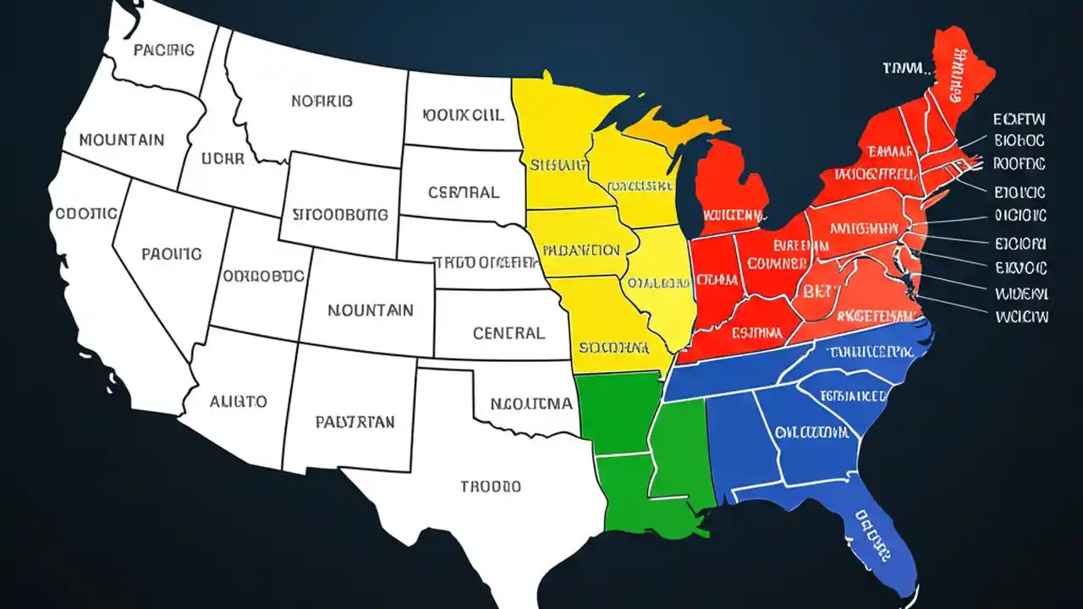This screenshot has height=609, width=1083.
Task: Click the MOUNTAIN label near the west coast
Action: pos(122,140)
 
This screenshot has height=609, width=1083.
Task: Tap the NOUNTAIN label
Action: pos(371,310)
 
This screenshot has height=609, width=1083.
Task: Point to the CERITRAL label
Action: pos(464,192)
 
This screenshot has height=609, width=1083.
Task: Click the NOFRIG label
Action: pos(322,101)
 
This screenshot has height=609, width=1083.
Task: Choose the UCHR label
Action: pos(223,157)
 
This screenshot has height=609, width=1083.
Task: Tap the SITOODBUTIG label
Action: pos(340,214)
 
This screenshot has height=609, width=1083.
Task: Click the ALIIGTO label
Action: pos(239,401)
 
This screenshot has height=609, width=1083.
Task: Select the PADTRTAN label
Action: pos(354,422)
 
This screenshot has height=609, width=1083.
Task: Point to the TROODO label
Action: pos(491,486)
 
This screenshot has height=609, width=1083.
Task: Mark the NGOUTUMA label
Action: pos(531,403)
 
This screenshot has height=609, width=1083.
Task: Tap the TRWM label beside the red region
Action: pos(905,68)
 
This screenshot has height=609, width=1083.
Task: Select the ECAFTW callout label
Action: pos(1020,119)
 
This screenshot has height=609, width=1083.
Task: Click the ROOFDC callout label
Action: pos(1020,163)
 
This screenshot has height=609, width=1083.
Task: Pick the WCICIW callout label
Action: pos(1021,316)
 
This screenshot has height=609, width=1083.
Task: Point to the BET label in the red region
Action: pos(817,293)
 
